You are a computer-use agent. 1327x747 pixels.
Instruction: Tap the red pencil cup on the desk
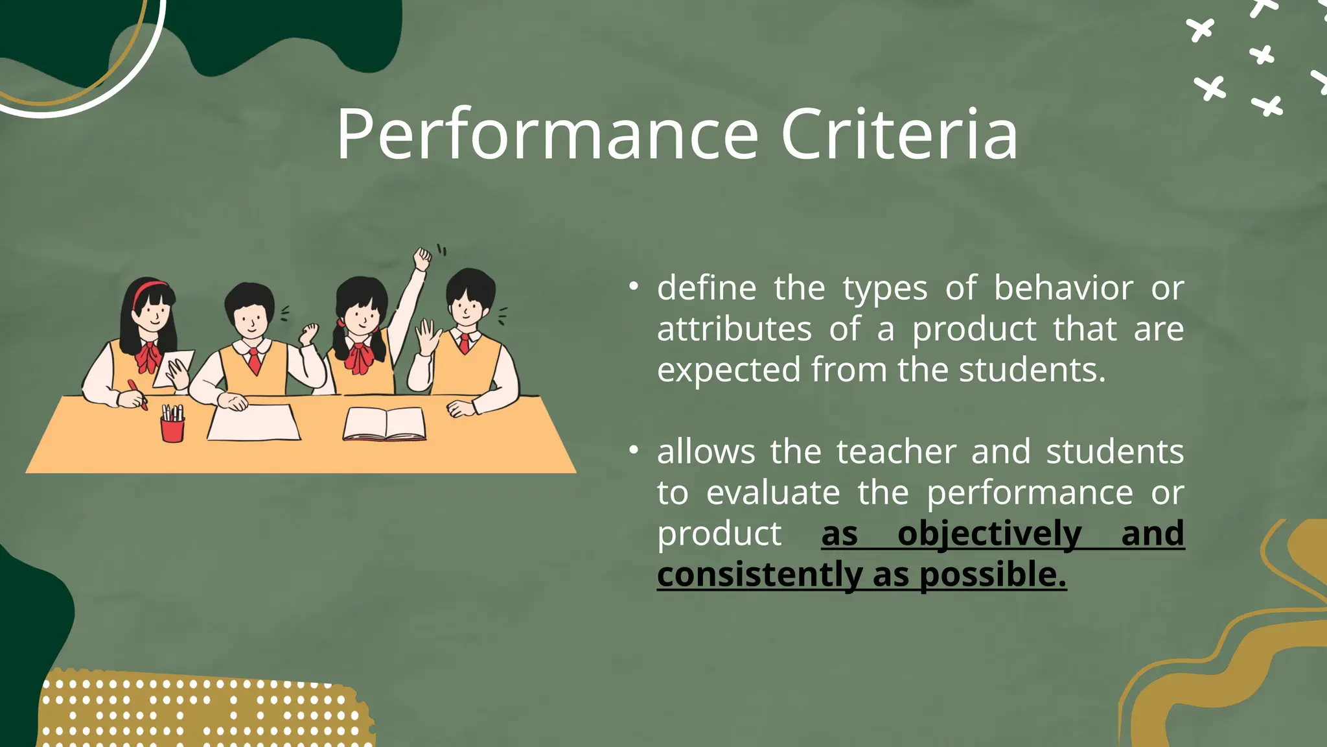tap(172, 429)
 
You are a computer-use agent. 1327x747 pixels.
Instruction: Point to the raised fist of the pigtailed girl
tap(422, 258)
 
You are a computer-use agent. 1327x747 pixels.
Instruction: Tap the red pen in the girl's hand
tap(137, 393)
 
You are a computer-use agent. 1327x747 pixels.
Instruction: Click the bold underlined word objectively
tap(989, 534)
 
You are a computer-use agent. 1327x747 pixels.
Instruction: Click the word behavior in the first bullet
tap(1063, 288)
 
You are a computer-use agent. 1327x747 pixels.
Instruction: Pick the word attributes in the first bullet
tap(734, 329)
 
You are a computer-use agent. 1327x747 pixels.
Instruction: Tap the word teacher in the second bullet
tap(896, 452)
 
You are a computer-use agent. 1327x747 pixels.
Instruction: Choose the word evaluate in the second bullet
tap(773, 493)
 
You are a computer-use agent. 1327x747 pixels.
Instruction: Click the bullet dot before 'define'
tap(634, 286)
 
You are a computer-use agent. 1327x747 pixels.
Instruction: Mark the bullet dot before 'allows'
tap(634, 449)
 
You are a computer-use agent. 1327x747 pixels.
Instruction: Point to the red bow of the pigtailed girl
tap(358, 357)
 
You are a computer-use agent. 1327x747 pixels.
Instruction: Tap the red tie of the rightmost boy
tap(464, 342)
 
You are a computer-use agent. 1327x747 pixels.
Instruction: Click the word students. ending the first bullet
tap(1032, 370)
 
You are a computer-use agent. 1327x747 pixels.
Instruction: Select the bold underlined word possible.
tap(993, 575)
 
